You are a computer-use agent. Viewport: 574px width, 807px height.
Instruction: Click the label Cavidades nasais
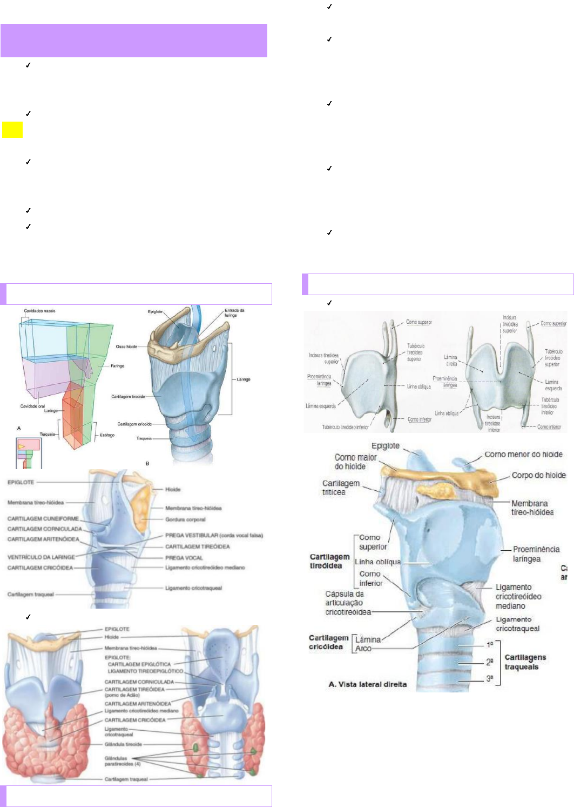click(39, 311)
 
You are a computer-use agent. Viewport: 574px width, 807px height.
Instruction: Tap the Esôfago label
click(107, 435)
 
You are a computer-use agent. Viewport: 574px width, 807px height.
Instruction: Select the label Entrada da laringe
click(234, 312)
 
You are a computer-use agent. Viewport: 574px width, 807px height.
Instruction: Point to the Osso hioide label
click(126, 346)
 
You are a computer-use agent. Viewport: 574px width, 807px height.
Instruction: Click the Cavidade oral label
click(32, 406)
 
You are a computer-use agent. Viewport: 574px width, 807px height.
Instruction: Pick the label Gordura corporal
click(185, 519)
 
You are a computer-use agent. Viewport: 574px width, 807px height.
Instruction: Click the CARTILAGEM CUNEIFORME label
click(43, 519)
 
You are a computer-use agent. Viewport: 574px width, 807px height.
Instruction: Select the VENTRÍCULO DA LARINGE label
click(41, 557)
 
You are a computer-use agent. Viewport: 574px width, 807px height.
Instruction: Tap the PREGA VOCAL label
click(184, 558)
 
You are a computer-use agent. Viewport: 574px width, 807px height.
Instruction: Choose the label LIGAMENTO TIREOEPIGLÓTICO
click(145, 671)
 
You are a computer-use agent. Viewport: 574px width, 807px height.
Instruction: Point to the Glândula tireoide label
click(123, 744)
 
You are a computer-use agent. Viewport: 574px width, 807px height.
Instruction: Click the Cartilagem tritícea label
click(340, 488)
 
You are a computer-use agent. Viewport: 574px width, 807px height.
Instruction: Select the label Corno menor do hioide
click(523, 455)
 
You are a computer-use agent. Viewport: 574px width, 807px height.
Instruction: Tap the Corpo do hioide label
click(538, 476)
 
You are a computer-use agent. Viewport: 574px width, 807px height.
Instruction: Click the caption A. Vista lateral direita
click(367, 684)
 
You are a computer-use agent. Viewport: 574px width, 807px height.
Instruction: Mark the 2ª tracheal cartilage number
click(489, 662)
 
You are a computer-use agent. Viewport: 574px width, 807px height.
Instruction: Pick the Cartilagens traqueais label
click(525, 662)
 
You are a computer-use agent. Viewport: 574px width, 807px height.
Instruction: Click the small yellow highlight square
click(12, 130)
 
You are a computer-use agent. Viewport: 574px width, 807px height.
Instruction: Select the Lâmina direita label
click(451, 361)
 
